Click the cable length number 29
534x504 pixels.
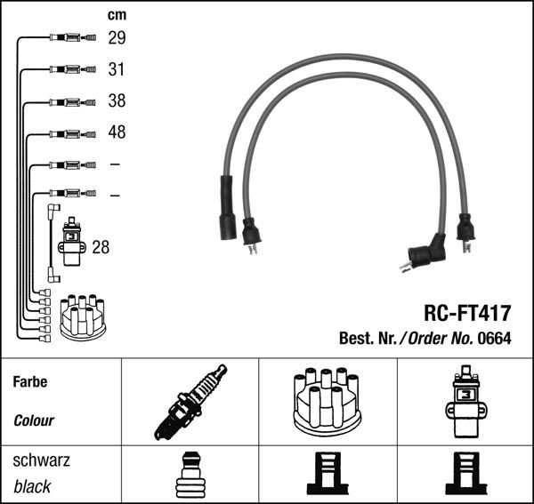[117, 38]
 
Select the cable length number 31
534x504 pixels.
[117, 69]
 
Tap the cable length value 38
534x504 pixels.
[117, 101]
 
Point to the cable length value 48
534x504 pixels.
[117, 132]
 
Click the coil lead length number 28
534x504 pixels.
[101, 247]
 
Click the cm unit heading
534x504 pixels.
[117, 15]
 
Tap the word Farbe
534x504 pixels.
[30, 382]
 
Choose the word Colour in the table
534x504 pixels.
[35, 420]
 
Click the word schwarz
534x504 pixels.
[42, 460]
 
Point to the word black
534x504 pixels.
[33, 486]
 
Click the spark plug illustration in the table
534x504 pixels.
[190, 402]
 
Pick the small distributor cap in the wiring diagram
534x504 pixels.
[82, 316]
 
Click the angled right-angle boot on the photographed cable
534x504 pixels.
[425, 253]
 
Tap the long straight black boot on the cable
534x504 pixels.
[227, 206]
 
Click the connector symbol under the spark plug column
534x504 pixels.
[189, 475]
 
